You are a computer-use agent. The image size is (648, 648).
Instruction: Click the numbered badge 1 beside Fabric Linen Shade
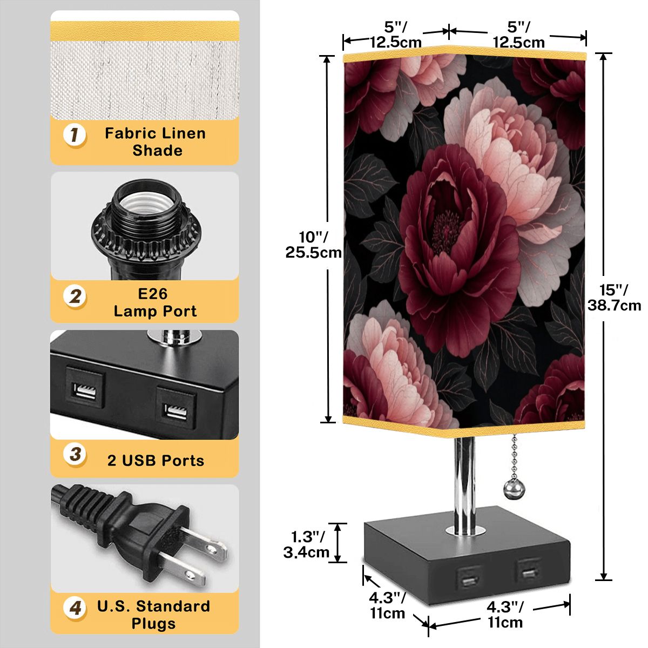75,136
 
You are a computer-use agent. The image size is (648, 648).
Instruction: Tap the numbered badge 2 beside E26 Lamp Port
75,297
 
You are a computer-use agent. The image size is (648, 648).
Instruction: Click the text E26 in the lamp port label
152,294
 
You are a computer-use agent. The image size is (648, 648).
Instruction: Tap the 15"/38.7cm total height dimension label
614,297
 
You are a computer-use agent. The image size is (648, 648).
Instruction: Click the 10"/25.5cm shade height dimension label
313,245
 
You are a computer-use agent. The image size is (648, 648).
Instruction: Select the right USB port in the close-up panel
176,407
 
